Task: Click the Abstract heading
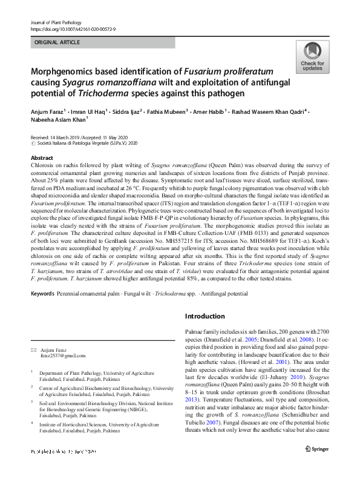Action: pos(41,157)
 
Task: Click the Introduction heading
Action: pos(205,316)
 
